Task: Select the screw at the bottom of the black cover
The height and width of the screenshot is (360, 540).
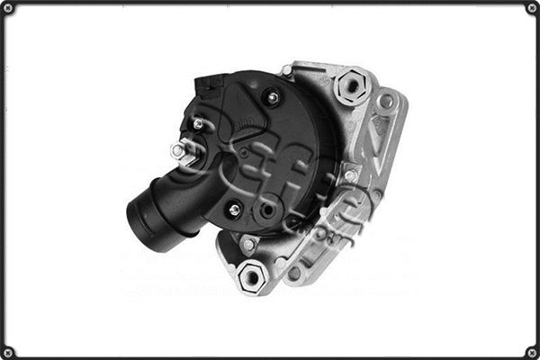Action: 235,211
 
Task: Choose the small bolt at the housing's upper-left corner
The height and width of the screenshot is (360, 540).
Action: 286,70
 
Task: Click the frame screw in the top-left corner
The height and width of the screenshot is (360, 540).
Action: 8,8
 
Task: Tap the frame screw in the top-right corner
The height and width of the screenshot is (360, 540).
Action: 532,8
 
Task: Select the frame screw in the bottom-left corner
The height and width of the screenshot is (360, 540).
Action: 8,352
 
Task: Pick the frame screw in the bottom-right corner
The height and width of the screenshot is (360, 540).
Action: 532,352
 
